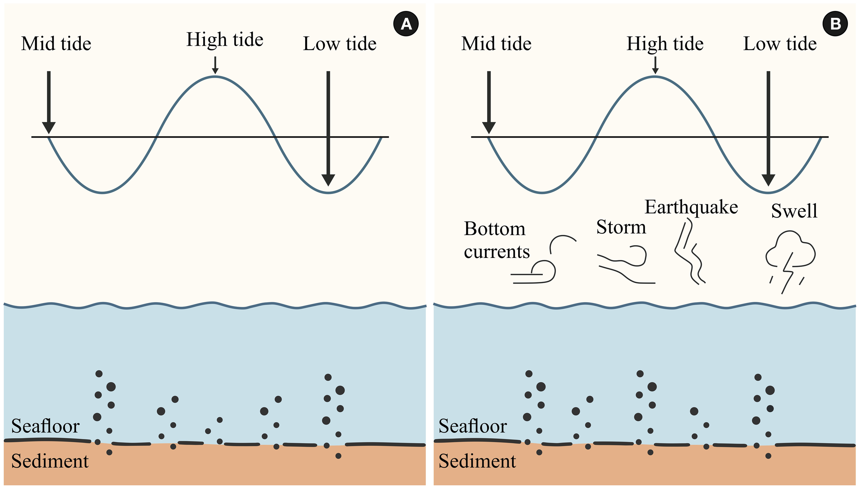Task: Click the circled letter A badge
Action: point(406,24)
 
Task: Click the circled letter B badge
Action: point(835,24)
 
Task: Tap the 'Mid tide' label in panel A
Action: point(56,44)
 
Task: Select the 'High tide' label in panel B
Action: point(665,44)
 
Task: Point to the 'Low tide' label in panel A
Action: point(340,44)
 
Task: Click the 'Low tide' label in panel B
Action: point(780,44)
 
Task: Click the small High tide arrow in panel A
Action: point(215,65)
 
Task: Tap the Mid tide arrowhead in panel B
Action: point(489,128)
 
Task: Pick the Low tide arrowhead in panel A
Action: point(328,180)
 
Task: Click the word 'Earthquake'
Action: point(691,207)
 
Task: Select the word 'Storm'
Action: point(621,227)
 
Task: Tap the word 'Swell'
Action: point(794,211)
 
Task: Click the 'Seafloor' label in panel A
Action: point(45,426)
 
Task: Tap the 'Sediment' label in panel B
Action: point(477,461)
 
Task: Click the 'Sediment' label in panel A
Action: point(50,461)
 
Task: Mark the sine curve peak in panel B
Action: point(655,77)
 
